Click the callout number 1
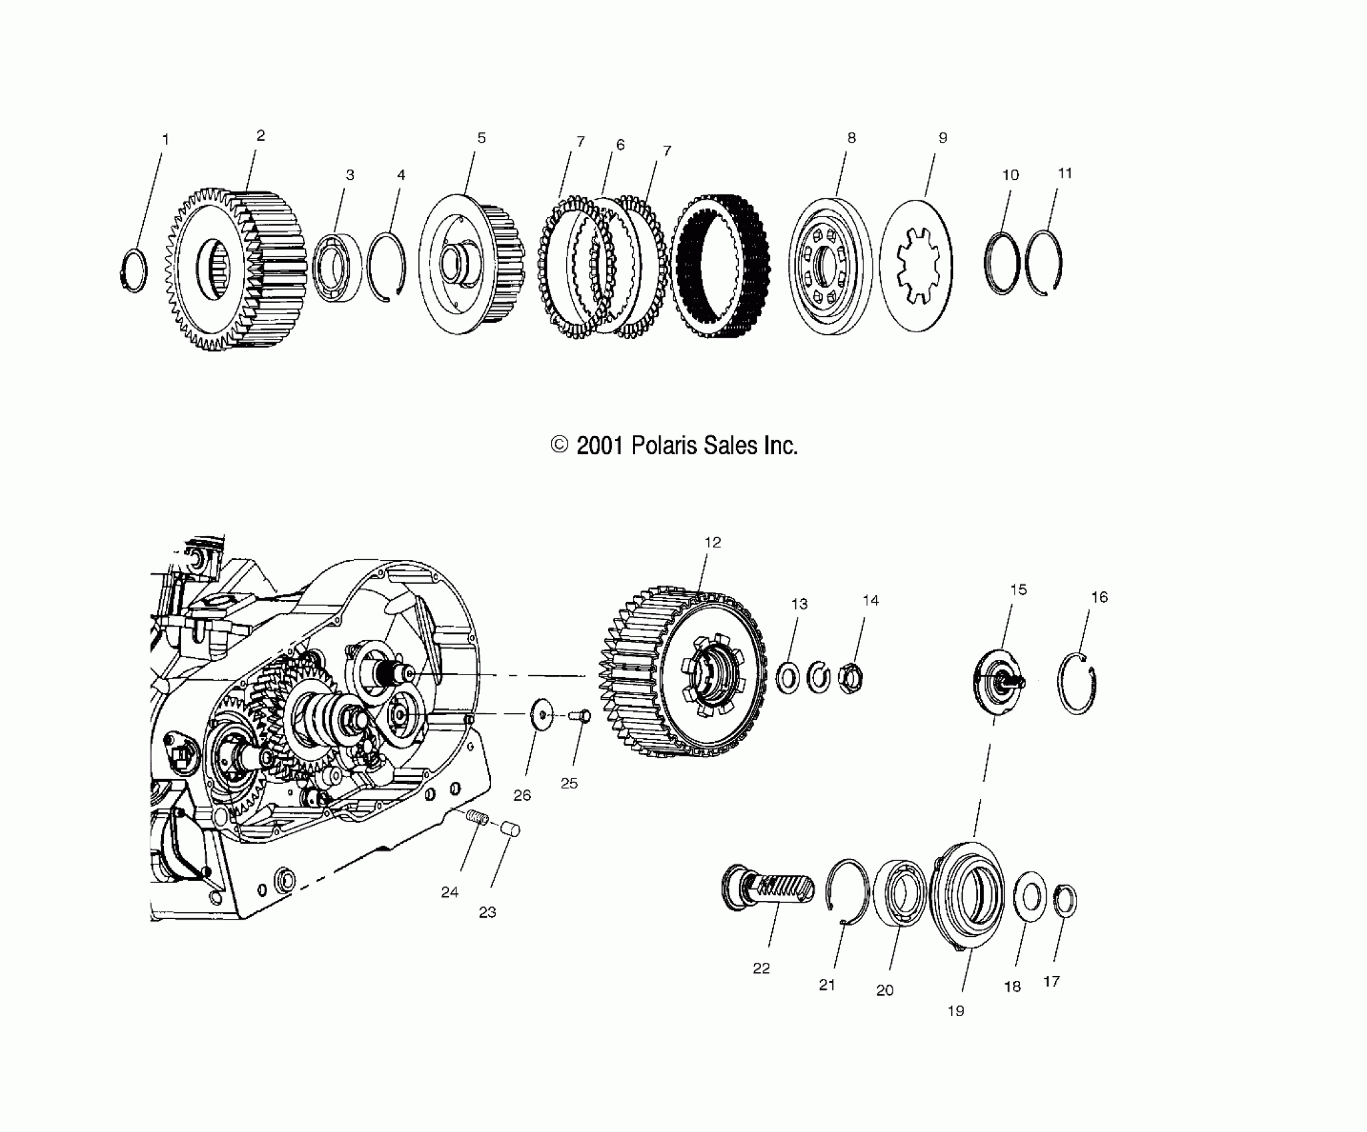165,140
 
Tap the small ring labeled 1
135,270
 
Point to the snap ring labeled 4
387,266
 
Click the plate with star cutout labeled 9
916,265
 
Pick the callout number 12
712,543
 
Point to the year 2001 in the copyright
599,445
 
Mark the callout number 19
955,1011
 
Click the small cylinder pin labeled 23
512,830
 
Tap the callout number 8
851,138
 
